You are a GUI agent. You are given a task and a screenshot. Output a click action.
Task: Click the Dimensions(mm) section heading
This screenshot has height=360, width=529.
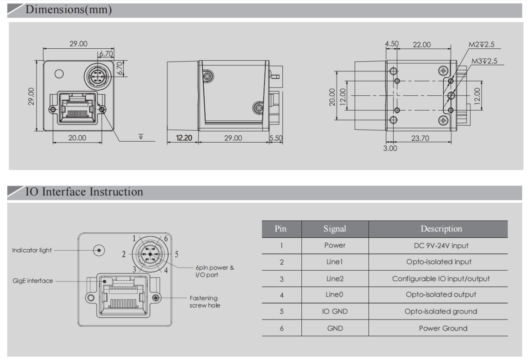tap(68, 10)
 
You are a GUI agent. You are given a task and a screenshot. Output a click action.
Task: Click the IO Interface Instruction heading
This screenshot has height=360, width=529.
tap(84, 192)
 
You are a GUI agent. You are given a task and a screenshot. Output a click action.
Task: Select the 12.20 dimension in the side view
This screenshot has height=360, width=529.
tap(183, 138)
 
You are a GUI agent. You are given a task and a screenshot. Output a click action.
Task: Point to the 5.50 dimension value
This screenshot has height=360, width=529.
tap(276, 138)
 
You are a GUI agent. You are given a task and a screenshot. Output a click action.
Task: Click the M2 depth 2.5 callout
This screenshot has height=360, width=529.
tap(482, 45)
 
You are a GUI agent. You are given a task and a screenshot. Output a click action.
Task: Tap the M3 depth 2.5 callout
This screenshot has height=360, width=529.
tap(484, 61)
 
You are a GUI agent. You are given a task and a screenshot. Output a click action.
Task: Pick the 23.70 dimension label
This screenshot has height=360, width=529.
tap(420, 138)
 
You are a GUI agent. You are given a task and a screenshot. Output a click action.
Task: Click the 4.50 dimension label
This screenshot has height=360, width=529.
tap(392, 44)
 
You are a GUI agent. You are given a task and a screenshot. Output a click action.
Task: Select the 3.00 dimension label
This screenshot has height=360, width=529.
tap(390, 148)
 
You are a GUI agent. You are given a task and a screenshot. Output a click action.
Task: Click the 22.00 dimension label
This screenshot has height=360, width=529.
tap(421, 44)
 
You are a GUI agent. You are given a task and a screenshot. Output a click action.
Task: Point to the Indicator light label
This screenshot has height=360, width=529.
tap(32, 250)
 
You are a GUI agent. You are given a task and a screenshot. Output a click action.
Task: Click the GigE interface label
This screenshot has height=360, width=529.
tap(33, 281)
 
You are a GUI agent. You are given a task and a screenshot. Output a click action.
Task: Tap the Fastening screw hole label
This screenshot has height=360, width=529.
tap(205, 302)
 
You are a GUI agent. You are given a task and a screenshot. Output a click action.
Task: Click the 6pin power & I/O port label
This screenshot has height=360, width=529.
tap(215, 271)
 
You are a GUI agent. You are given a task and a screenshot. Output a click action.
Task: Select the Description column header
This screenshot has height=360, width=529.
tap(441, 229)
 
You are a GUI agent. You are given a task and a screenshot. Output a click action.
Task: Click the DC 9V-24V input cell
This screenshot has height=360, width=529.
tap(441, 245)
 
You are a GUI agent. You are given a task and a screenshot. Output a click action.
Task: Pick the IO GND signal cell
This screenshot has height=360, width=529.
tap(335, 311)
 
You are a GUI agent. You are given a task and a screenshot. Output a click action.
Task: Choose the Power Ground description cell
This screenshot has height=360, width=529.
tap(443, 328)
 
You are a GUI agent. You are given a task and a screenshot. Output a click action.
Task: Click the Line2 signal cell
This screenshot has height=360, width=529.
tap(335, 278)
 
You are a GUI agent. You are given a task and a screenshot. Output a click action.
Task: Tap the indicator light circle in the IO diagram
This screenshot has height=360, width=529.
tap(99, 250)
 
